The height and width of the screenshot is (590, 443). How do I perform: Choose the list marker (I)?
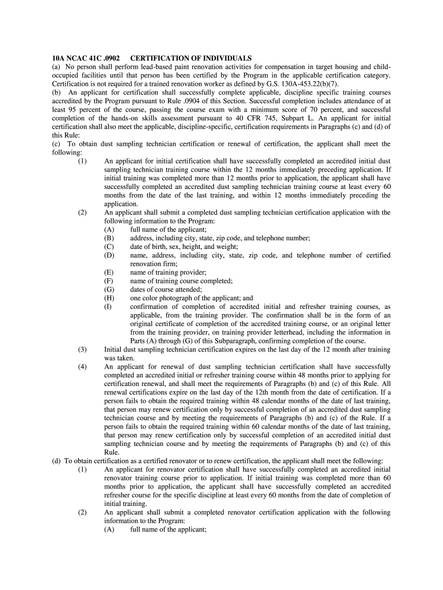(x=108, y=307)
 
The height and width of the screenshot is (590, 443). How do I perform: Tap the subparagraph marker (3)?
(x=83, y=350)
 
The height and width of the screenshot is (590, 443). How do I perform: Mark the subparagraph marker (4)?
(x=83, y=367)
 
